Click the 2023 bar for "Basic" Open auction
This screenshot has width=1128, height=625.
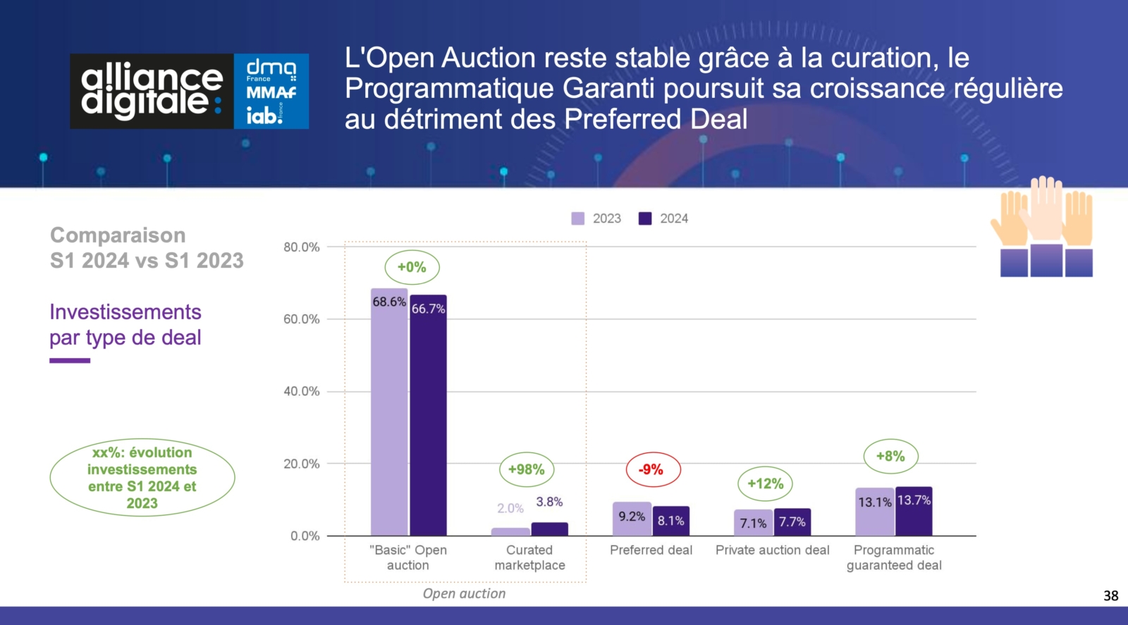[x=389, y=411]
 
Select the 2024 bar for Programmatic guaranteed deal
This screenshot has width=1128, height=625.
[x=914, y=511]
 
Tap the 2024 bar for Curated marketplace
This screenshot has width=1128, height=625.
[x=549, y=529]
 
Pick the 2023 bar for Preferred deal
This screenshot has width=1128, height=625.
[x=632, y=519]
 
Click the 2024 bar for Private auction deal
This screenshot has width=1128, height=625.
[x=792, y=522]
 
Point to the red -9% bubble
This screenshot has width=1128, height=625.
[x=653, y=469]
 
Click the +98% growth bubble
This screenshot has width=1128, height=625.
[x=526, y=469]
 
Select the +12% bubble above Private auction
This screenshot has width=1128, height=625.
[x=765, y=483]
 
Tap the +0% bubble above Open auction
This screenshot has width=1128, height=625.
[x=412, y=267]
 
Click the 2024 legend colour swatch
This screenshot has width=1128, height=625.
[x=645, y=218]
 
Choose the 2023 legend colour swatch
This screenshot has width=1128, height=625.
[x=578, y=218]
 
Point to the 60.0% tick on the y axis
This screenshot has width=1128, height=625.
[x=302, y=319]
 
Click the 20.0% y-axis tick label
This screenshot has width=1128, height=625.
[x=302, y=464]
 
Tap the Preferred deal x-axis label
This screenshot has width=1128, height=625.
[x=651, y=550]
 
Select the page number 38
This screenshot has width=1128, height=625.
[x=1111, y=596]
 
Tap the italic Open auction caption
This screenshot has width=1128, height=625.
[x=464, y=594]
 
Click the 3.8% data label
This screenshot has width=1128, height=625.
[x=549, y=502]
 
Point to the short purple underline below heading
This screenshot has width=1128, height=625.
[x=70, y=360]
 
